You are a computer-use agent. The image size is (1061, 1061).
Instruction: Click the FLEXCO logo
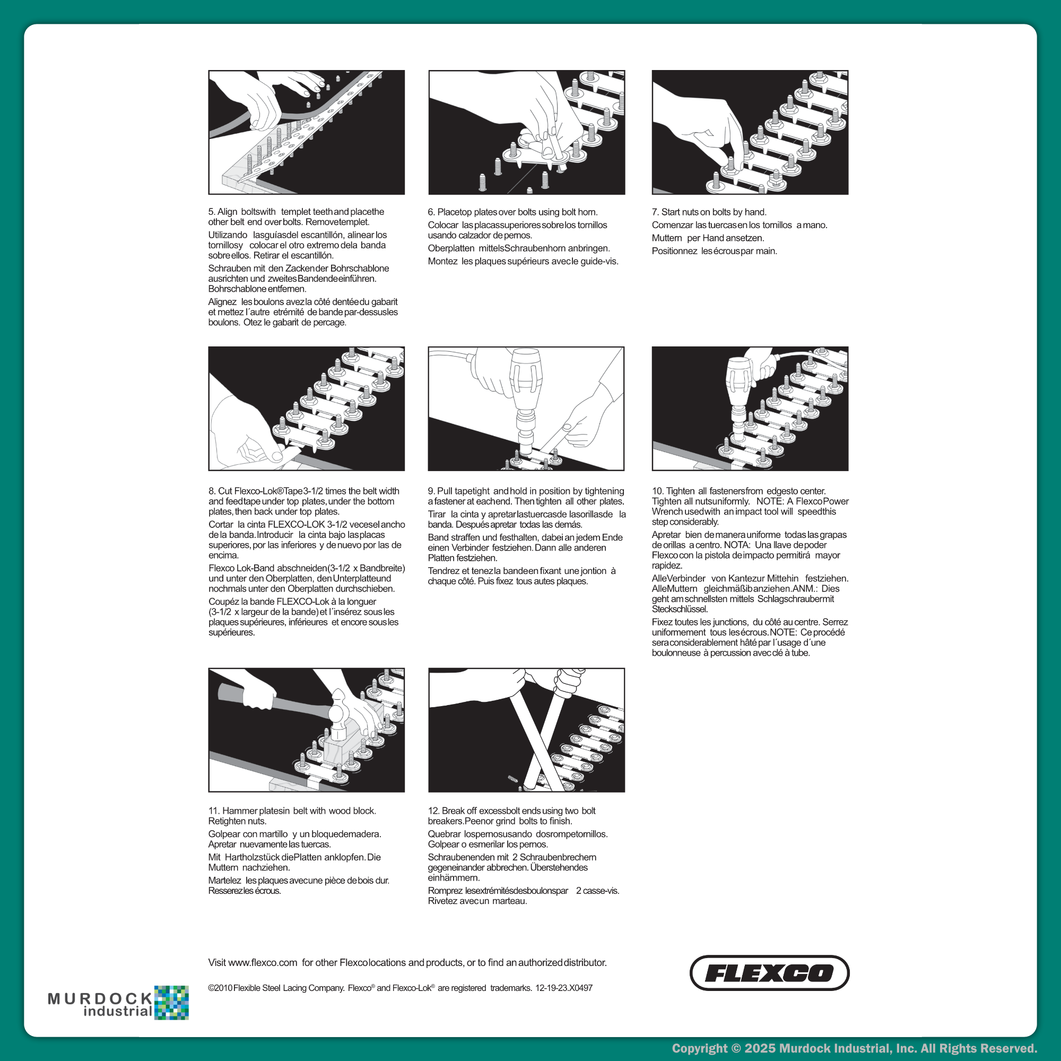coord(769,973)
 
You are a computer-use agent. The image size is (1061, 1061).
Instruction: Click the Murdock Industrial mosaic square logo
coord(171,1003)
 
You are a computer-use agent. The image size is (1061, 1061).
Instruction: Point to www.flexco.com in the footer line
coord(263,963)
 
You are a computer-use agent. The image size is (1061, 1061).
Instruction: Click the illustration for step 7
coord(750,132)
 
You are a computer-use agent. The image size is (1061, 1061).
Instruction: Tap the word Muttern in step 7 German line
coord(667,238)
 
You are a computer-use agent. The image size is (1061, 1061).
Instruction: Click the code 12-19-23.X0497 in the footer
coord(564,988)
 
